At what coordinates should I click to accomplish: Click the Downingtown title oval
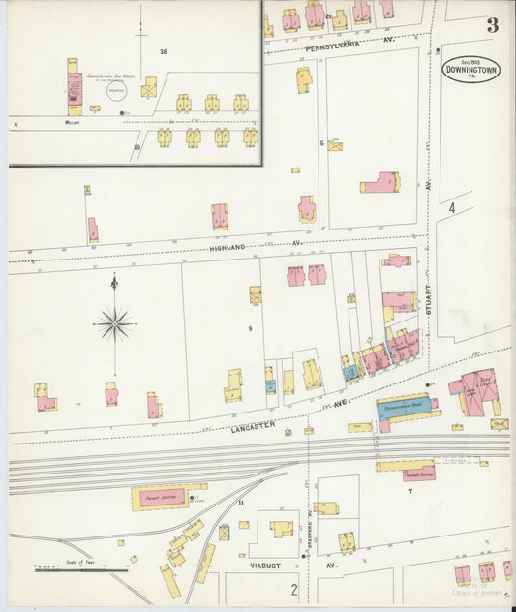(471, 69)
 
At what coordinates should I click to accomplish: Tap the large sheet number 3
(492, 25)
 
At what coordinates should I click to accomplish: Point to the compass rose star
(114, 323)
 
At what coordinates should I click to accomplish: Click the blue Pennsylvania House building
(405, 407)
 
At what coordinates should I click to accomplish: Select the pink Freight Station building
(158, 497)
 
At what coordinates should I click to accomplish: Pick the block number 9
(250, 329)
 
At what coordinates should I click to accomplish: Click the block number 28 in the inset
(164, 51)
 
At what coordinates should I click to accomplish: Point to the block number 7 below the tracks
(410, 492)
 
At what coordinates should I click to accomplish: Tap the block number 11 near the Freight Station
(243, 504)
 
